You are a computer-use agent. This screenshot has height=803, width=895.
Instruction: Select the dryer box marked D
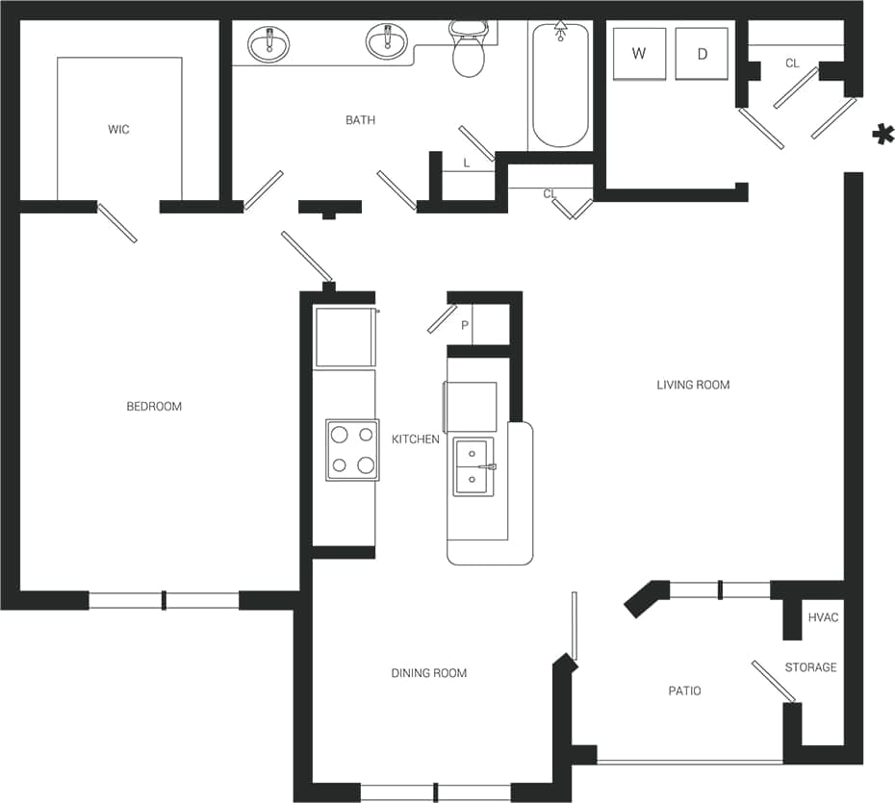click(x=702, y=54)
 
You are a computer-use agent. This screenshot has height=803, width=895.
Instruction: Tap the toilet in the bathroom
click(x=468, y=54)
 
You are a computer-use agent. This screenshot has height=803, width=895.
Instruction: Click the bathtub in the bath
click(x=560, y=87)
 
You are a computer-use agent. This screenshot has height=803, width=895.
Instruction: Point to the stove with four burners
click(x=352, y=449)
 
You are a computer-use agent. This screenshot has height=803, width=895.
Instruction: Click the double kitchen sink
click(x=473, y=466)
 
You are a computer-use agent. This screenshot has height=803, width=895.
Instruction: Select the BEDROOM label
click(x=154, y=407)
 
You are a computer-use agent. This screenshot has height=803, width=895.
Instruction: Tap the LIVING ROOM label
click(x=693, y=385)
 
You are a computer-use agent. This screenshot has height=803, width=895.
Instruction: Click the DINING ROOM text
click(x=429, y=673)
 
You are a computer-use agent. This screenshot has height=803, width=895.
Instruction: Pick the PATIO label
click(x=684, y=690)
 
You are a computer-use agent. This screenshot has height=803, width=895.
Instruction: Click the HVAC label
click(x=823, y=617)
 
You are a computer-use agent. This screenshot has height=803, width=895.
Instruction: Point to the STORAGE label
click(x=810, y=667)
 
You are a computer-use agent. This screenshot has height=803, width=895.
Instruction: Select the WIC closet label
click(x=118, y=129)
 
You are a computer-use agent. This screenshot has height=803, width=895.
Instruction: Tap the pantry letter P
click(x=465, y=326)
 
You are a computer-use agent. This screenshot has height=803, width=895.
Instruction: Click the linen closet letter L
click(x=467, y=163)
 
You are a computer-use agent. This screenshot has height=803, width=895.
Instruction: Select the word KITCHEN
click(x=416, y=439)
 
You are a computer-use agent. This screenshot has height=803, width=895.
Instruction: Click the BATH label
click(x=361, y=120)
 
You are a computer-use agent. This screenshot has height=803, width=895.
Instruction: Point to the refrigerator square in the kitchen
click(x=345, y=337)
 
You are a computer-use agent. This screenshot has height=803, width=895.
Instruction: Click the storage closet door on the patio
click(x=774, y=681)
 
